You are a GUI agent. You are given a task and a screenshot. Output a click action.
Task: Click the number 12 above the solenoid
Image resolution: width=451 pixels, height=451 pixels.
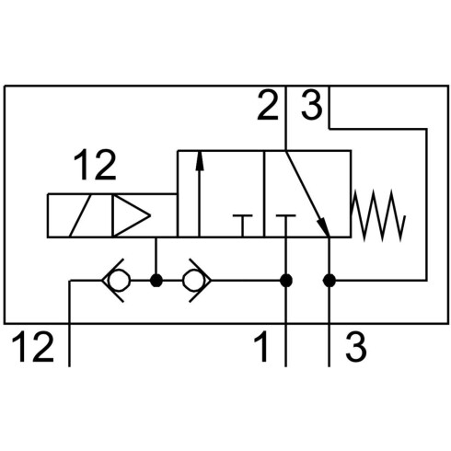[x=95, y=165]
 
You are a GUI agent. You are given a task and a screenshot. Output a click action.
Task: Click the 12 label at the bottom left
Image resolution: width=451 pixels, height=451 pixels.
[x=33, y=346]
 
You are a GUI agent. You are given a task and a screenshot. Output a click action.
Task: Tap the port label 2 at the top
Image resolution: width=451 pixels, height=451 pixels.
[x=268, y=105]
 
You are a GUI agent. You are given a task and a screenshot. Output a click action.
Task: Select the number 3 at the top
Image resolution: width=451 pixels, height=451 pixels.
[x=312, y=105]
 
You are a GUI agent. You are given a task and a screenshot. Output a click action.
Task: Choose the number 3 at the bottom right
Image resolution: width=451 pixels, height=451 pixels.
[x=356, y=346]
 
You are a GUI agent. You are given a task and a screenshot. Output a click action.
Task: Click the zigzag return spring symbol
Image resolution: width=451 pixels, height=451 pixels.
[x=378, y=215]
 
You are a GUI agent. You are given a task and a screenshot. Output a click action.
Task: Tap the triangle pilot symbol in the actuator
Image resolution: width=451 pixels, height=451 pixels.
[x=132, y=215]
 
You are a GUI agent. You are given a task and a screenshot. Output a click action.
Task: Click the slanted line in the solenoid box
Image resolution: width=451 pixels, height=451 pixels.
[x=80, y=215]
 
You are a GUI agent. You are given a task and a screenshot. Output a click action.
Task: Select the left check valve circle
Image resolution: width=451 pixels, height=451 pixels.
[x=120, y=281]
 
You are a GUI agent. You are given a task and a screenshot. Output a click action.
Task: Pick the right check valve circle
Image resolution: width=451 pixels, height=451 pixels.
[x=193, y=281]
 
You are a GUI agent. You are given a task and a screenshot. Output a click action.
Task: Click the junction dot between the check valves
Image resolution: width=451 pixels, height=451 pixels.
[x=156, y=281]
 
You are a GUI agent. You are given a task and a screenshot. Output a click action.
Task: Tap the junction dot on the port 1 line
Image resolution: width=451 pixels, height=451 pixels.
[x=286, y=281]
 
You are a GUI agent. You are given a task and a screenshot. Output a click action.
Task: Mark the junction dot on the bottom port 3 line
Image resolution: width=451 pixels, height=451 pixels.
[x=330, y=281]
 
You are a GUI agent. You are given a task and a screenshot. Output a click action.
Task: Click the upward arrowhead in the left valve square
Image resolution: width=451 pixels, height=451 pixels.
[x=200, y=160]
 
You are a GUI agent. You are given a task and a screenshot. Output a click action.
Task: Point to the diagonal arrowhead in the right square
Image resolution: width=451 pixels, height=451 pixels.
[x=323, y=226]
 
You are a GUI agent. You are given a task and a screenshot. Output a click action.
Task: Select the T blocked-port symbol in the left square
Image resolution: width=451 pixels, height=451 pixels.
[x=243, y=225]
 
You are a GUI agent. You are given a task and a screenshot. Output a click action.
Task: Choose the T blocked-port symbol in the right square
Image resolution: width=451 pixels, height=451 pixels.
[x=286, y=225]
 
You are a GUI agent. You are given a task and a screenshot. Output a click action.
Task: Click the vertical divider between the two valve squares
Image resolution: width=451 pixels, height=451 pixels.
[x=264, y=194]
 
